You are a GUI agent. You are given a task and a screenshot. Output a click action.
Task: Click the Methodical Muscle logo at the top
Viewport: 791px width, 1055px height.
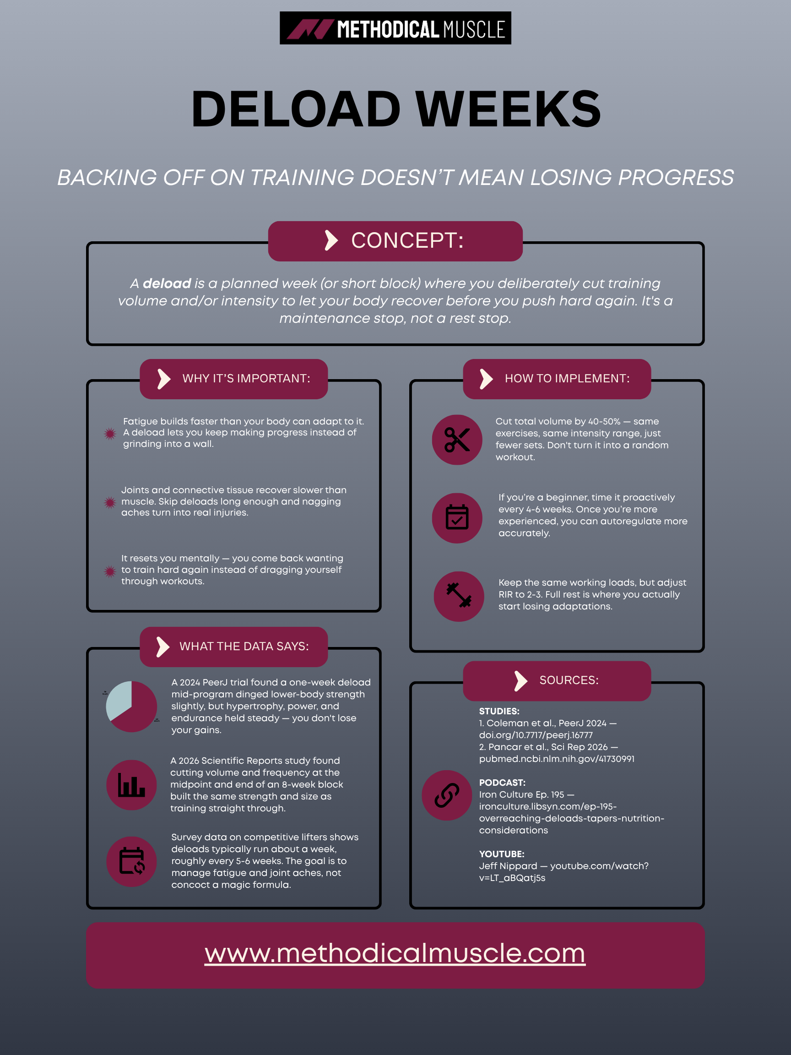click(x=395, y=28)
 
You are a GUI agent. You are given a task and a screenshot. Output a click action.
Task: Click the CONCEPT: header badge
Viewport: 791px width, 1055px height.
click(x=395, y=241)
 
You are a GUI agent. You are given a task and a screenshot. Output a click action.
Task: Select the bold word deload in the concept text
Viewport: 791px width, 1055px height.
click(x=167, y=283)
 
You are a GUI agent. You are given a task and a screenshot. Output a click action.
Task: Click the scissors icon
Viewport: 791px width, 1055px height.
click(x=457, y=440)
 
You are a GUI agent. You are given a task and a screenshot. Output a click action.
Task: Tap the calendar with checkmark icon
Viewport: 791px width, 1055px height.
click(x=457, y=518)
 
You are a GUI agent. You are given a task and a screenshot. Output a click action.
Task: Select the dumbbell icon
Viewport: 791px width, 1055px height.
click(x=459, y=596)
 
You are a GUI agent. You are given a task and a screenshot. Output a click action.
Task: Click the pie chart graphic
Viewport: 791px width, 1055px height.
click(x=131, y=707)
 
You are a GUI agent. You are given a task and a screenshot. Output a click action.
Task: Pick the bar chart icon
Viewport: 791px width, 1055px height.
click(x=131, y=785)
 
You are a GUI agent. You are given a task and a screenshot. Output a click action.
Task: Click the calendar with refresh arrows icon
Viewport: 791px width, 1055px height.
click(x=131, y=861)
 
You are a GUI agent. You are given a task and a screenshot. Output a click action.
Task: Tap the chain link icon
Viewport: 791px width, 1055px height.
click(x=447, y=795)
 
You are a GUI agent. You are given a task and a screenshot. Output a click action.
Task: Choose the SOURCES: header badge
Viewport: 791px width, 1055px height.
click(x=557, y=680)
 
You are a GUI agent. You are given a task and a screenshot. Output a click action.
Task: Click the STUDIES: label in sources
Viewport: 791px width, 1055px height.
click(x=499, y=711)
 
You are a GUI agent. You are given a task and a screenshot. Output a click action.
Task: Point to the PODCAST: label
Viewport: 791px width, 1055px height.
click(x=502, y=783)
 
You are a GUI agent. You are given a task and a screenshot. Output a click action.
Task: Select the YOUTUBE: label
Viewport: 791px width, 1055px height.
click(x=502, y=854)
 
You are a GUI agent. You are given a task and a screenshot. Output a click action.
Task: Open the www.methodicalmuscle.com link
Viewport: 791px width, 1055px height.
click(x=395, y=954)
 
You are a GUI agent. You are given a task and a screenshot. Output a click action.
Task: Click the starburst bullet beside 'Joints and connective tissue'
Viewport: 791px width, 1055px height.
click(x=110, y=502)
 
